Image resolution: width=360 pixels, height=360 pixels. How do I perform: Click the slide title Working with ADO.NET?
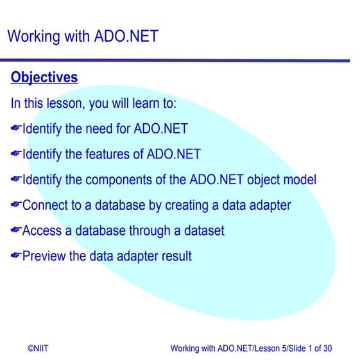point(82,36)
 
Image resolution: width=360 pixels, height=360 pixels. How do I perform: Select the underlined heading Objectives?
point(44,78)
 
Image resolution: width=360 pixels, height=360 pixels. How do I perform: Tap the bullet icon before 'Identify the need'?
point(16,129)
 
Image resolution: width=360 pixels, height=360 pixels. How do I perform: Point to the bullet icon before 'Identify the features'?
point(16,155)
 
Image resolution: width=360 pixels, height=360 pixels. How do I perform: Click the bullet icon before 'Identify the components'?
point(16,180)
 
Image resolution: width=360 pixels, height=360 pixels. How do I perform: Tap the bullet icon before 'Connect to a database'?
point(16,205)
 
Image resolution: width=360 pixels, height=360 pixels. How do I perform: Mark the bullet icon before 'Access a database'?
point(16,230)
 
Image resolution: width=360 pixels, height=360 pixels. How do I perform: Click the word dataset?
point(201,230)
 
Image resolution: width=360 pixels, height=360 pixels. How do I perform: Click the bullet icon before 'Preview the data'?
point(16,256)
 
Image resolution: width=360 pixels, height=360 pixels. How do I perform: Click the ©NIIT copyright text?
point(38,348)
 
